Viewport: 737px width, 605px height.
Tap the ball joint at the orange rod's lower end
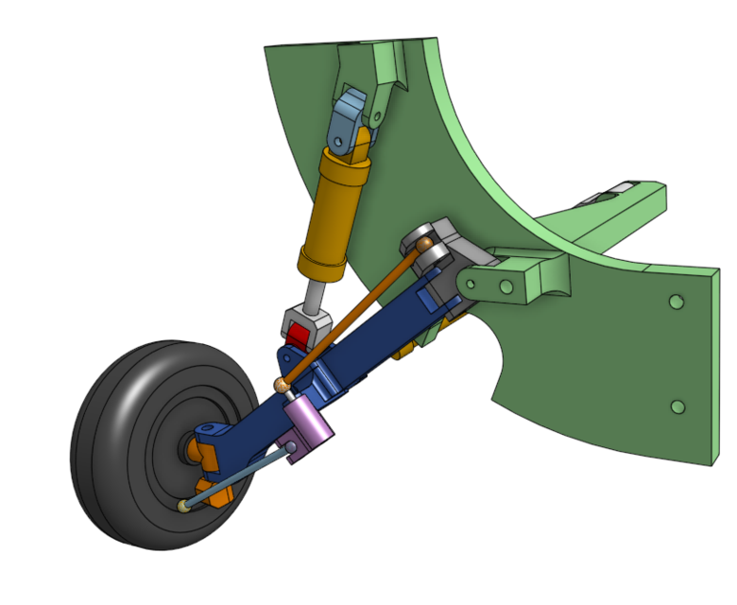tap(281, 384)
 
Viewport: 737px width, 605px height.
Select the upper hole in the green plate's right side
tap(676, 302)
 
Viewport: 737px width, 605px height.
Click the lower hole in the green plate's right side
tap(677, 406)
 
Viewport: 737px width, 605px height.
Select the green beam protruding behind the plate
tap(614, 213)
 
